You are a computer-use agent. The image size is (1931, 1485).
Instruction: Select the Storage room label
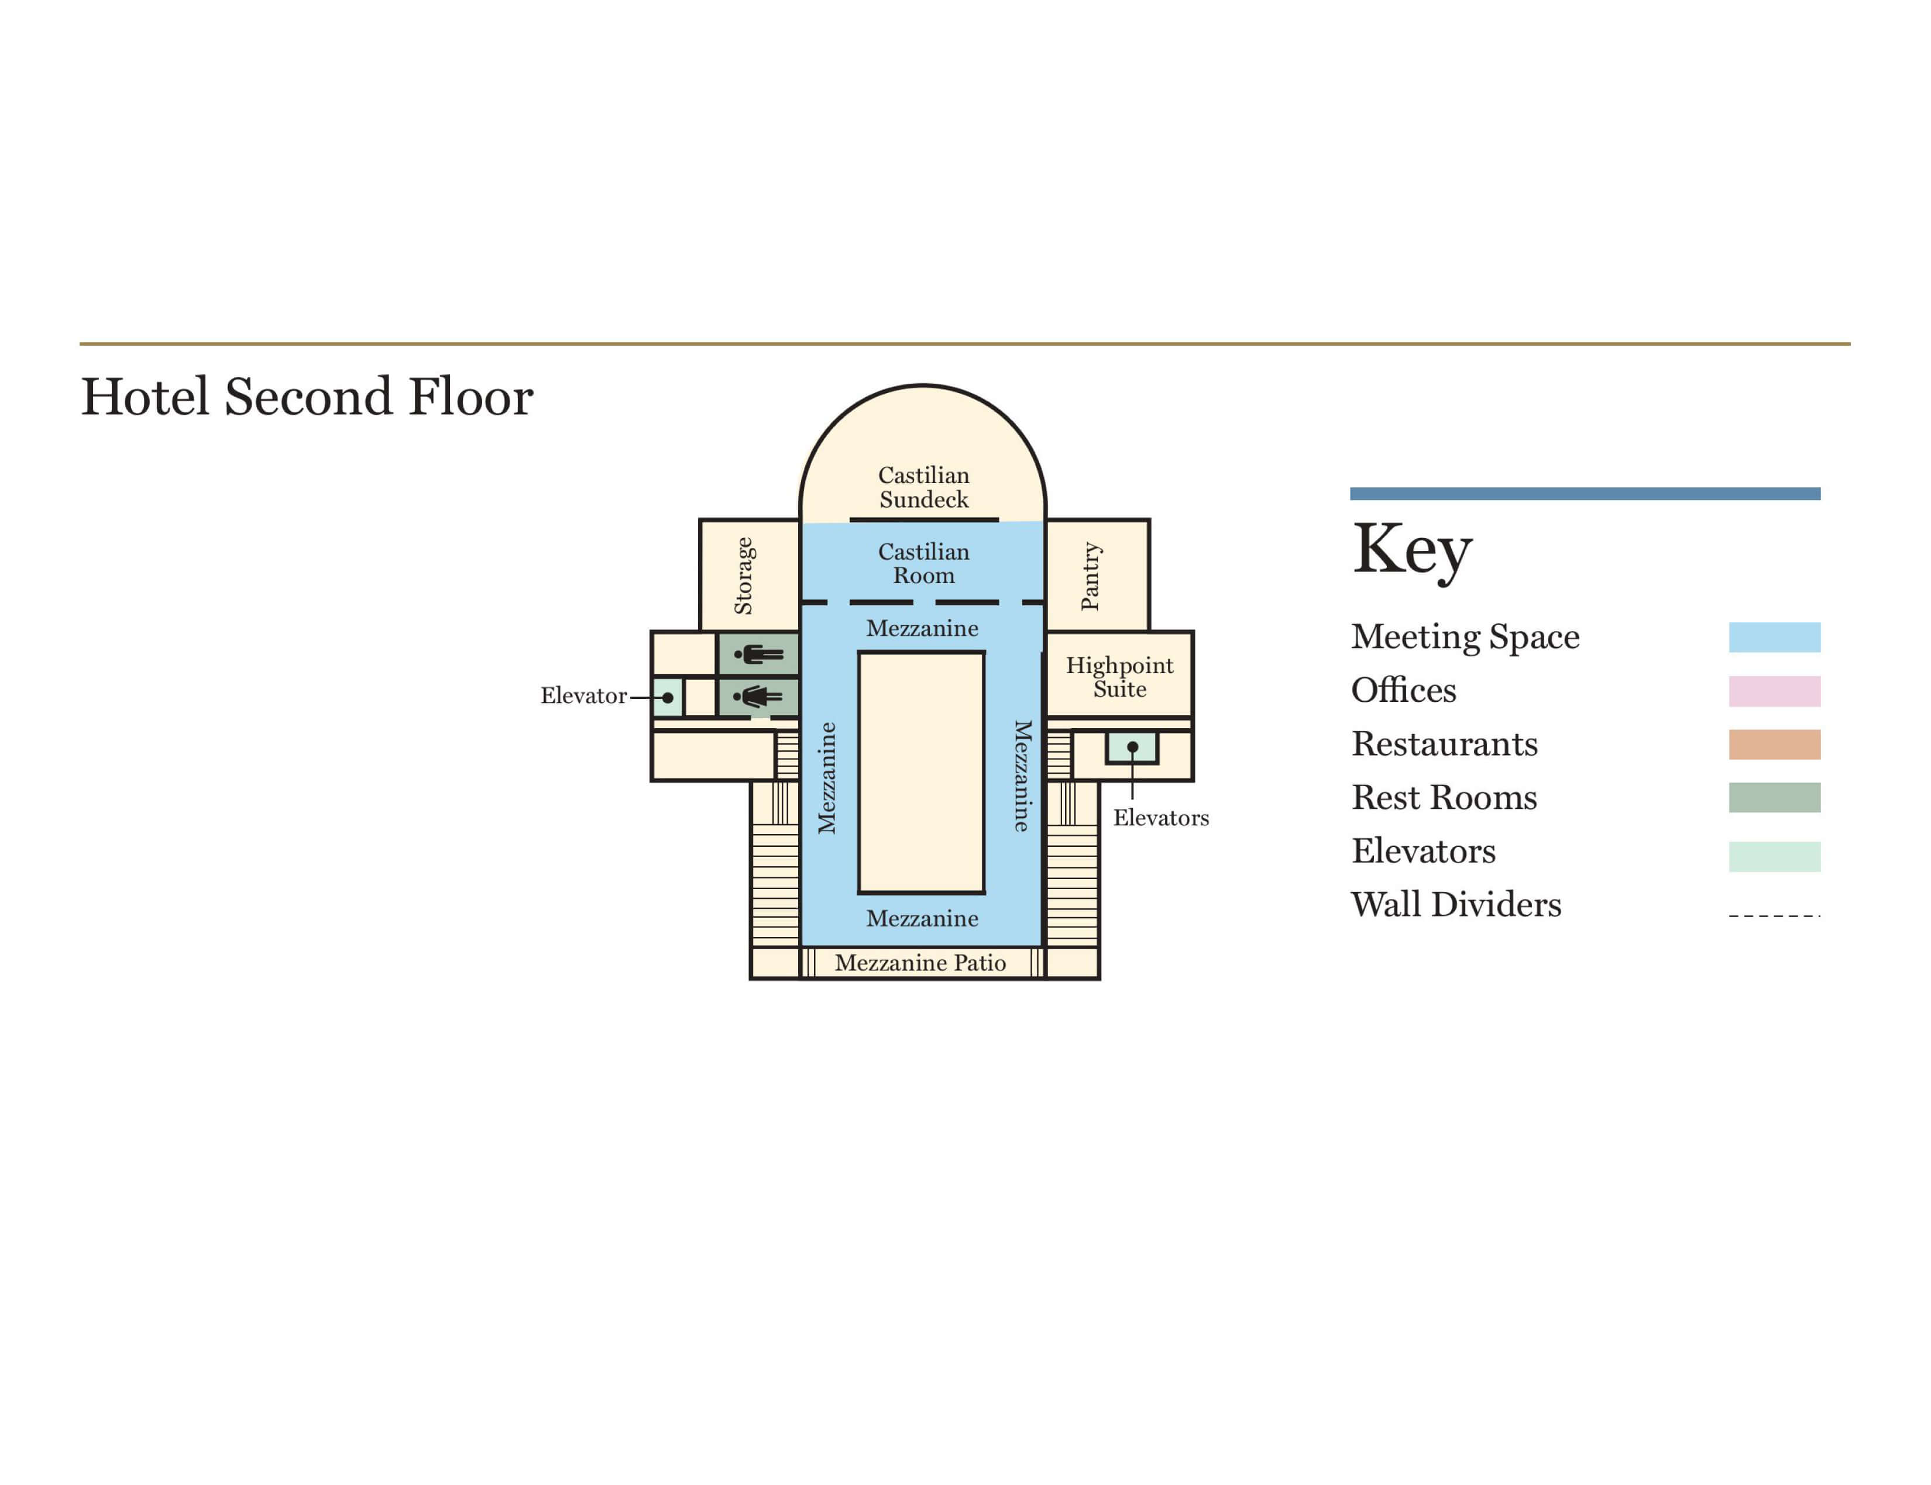(x=744, y=576)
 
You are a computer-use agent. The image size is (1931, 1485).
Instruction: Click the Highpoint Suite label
(x=1119, y=677)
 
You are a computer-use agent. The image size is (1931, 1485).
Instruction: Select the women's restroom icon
(x=758, y=697)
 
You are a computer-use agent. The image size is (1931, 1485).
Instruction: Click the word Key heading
(x=1412, y=550)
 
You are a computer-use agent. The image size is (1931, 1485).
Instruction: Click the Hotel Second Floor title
(x=307, y=397)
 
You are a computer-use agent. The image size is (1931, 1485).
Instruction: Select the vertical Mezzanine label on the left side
(x=826, y=778)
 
